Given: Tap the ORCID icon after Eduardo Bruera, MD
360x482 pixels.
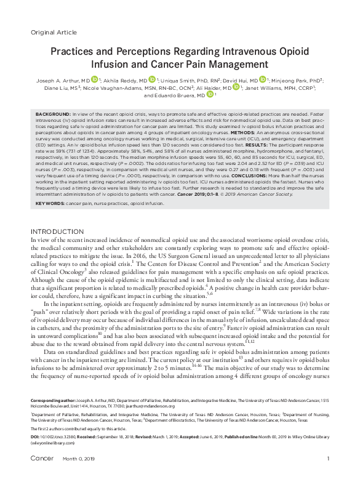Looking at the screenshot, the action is coord(209,95).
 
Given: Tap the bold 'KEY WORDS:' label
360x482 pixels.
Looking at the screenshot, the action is coord(49,203).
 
